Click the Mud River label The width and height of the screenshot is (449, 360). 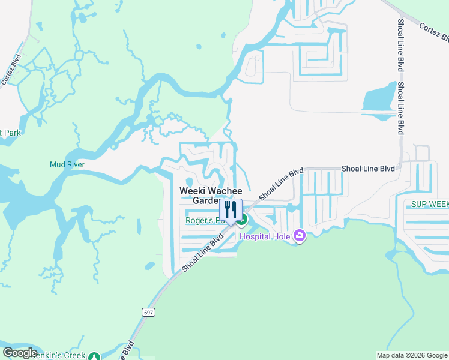(67, 164)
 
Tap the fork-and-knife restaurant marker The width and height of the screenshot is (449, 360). (230, 211)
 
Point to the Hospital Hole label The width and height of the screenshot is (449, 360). (265, 236)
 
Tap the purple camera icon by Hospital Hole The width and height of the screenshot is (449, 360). (299, 236)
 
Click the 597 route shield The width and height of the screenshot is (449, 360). (148, 313)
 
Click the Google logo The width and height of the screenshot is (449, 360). (20, 353)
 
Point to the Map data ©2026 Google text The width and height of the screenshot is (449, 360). (411, 355)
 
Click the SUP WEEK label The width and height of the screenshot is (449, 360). (429, 205)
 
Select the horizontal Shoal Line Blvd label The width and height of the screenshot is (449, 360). (368, 169)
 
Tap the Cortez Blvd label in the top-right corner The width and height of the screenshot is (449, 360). (434, 32)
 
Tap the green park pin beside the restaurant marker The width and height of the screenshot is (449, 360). (241, 221)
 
